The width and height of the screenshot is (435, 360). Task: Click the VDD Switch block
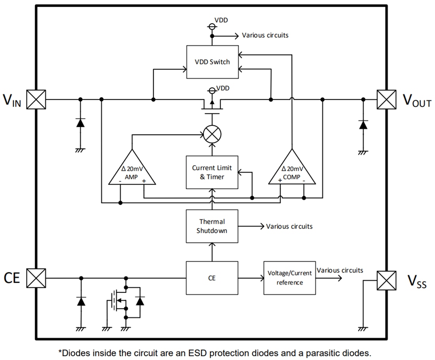[x=212, y=62]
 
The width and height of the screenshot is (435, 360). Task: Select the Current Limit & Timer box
[x=212, y=172]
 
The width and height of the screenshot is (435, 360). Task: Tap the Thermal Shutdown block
[x=212, y=226]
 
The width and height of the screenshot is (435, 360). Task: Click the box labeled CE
[x=212, y=278]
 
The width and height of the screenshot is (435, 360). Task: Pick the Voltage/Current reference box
[x=289, y=278]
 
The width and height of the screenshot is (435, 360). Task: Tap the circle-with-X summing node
[x=212, y=134]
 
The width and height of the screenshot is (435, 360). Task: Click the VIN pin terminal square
[x=36, y=99]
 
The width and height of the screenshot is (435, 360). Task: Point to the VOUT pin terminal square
[x=386, y=99]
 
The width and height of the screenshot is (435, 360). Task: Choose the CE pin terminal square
[x=36, y=278]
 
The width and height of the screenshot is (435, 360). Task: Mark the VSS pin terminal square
[x=386, y=280]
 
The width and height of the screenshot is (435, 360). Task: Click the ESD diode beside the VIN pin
[x=81, y=123]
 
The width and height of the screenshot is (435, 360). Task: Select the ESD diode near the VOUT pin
[x=363, y=124]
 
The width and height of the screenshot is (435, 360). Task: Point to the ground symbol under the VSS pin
[x=363, y=328]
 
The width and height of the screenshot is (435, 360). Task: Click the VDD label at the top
[x=221, y=20]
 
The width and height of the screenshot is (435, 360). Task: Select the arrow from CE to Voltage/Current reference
[x=251, y=278]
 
